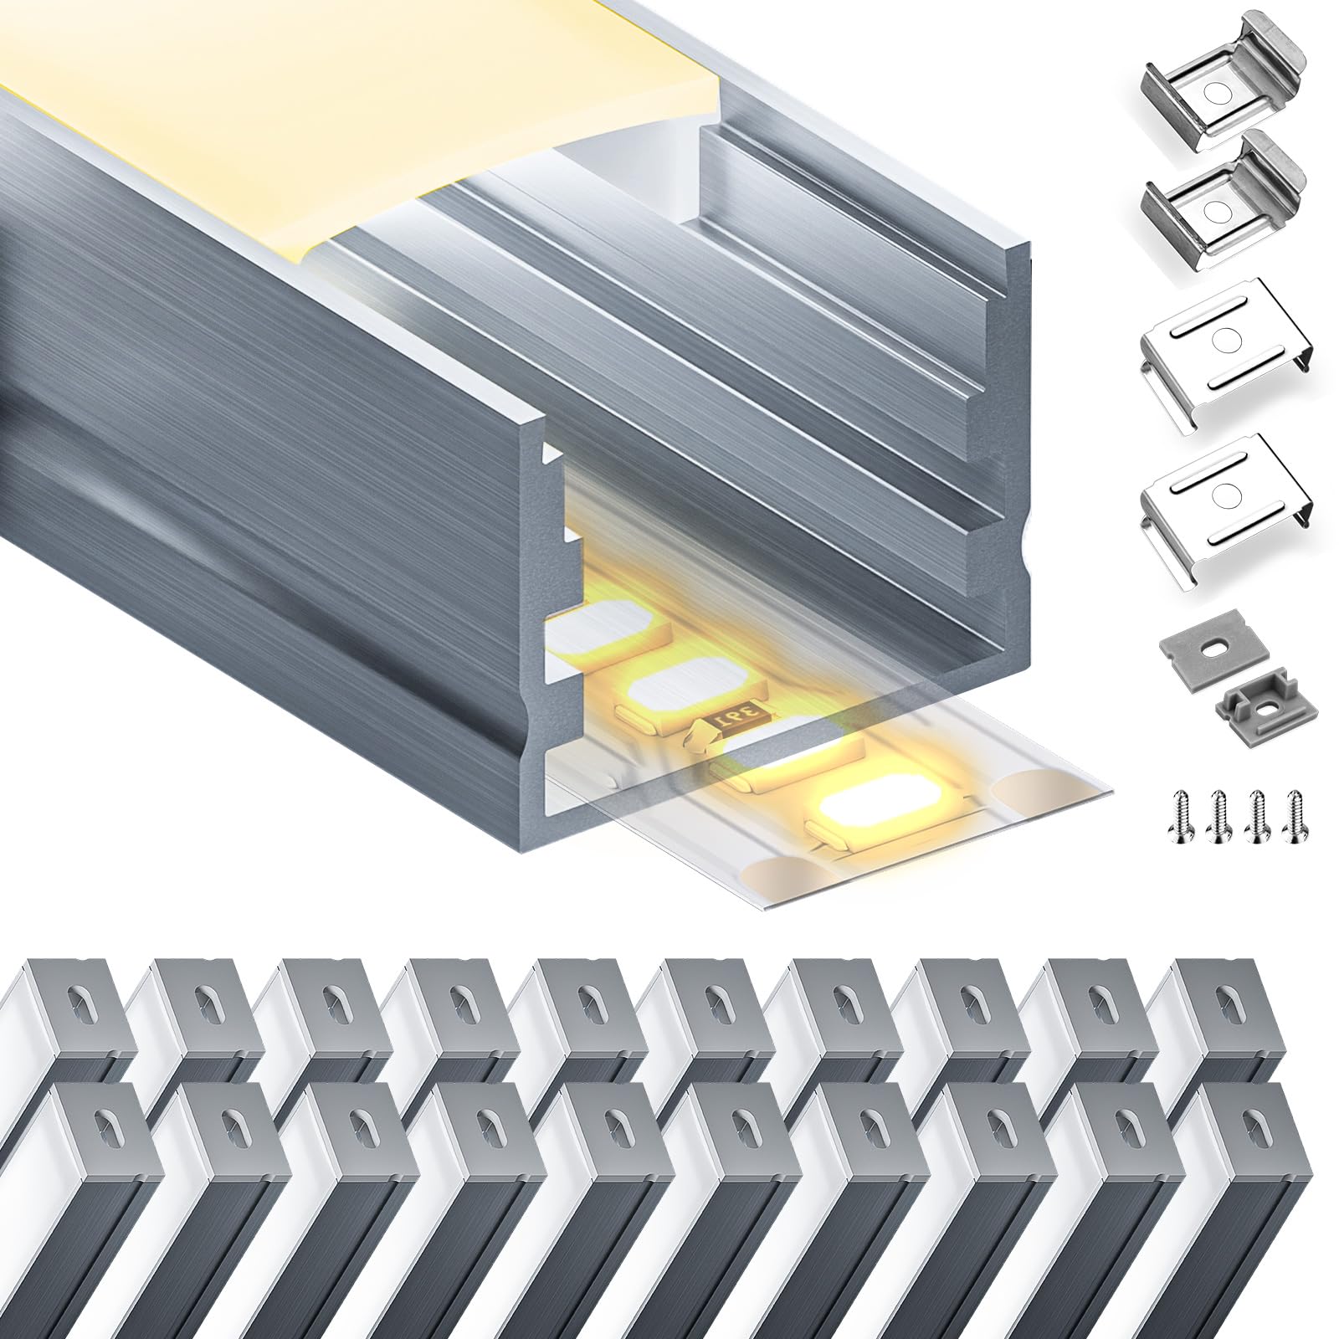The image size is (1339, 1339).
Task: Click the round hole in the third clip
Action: coord(1226,339)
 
